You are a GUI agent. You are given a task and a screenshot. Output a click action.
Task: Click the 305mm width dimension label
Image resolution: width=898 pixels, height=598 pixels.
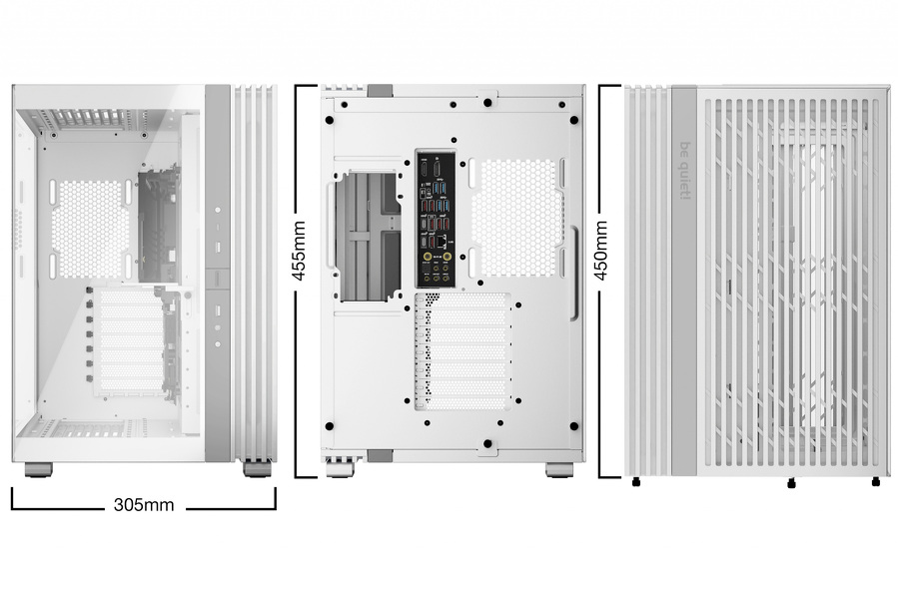point(144,504)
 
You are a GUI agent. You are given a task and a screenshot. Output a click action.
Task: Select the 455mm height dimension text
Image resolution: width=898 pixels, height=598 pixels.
point(299,250)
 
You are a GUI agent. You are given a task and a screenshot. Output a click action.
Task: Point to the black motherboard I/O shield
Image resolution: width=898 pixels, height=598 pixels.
point(437,218)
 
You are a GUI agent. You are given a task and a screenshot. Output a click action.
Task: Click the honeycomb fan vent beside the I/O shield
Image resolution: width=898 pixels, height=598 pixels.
point(516,217)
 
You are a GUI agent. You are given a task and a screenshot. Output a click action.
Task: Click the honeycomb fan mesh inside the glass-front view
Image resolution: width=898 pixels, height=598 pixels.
point(90,229)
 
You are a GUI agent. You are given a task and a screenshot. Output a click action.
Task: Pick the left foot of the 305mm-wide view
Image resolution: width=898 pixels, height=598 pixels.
point(38,468)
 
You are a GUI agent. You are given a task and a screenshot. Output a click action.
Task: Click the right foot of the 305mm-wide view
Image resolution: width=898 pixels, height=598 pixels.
point(257,468)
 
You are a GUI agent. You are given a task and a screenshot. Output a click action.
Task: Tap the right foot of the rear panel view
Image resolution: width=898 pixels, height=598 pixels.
point(559,469)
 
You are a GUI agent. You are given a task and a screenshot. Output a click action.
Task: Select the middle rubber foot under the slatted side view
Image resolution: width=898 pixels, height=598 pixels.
point(791,483)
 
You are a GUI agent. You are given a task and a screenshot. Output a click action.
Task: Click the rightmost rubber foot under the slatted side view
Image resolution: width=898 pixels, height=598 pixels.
point(876,482)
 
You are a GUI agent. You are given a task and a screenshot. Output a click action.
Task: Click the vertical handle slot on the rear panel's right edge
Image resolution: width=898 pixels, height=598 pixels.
point(574,274)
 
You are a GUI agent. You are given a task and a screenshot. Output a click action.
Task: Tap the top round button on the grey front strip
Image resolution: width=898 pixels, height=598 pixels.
point(218,213)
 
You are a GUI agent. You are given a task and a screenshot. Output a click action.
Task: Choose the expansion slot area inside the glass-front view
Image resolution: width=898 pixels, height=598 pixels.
point(130,344)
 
